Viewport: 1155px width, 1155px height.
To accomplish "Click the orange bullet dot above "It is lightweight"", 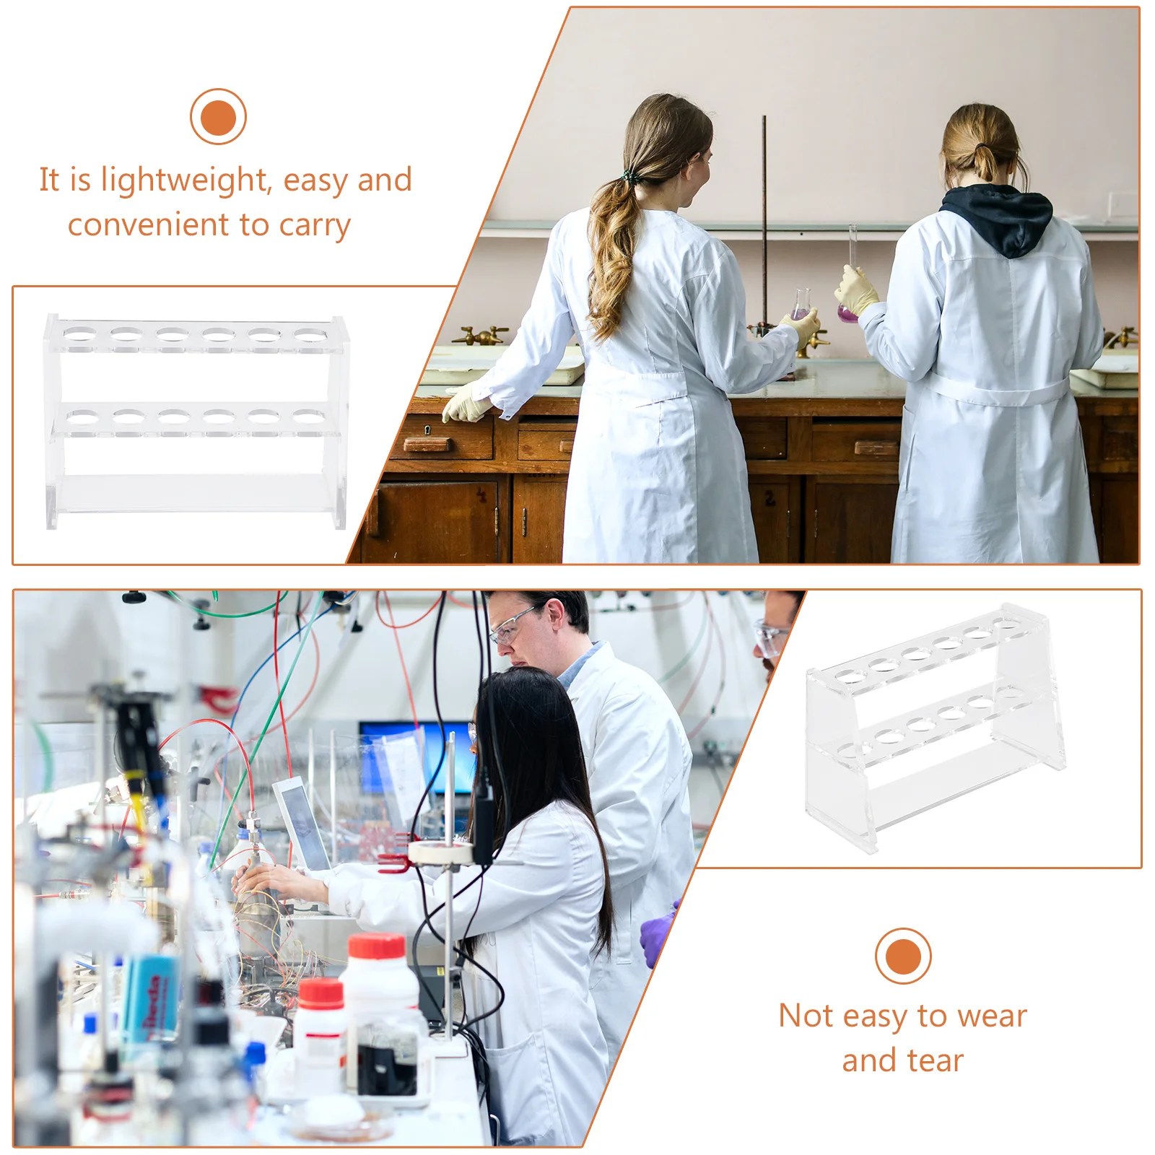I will pos(218,117).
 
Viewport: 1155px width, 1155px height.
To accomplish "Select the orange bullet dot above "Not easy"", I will pos(902,956).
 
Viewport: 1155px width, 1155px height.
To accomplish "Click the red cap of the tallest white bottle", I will pos(376,945).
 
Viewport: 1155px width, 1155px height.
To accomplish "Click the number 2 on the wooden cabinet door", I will pos(770,498).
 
